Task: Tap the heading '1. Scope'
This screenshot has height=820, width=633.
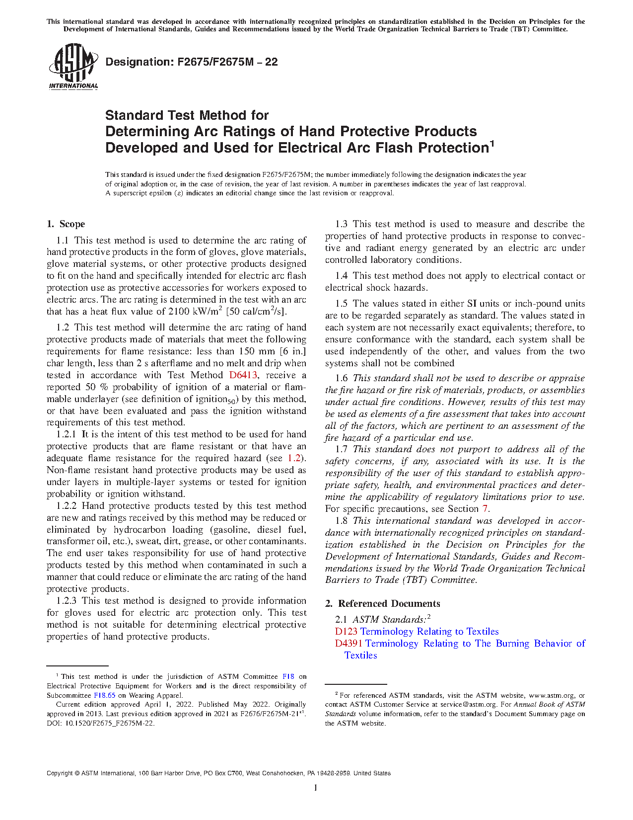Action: (66, 224)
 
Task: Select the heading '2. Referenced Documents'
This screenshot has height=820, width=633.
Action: (383, 604)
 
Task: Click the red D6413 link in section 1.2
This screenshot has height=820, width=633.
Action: (243, 375)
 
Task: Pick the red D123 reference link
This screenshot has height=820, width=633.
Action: (346, 632)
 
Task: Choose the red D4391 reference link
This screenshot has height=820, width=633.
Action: (349, 644)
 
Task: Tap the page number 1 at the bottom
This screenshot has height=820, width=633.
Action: (316, 788)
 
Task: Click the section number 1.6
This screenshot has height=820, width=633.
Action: (342, 378)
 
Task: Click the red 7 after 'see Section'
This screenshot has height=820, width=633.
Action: (485, 509)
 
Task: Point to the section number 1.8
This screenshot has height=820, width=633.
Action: (342, 521)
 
